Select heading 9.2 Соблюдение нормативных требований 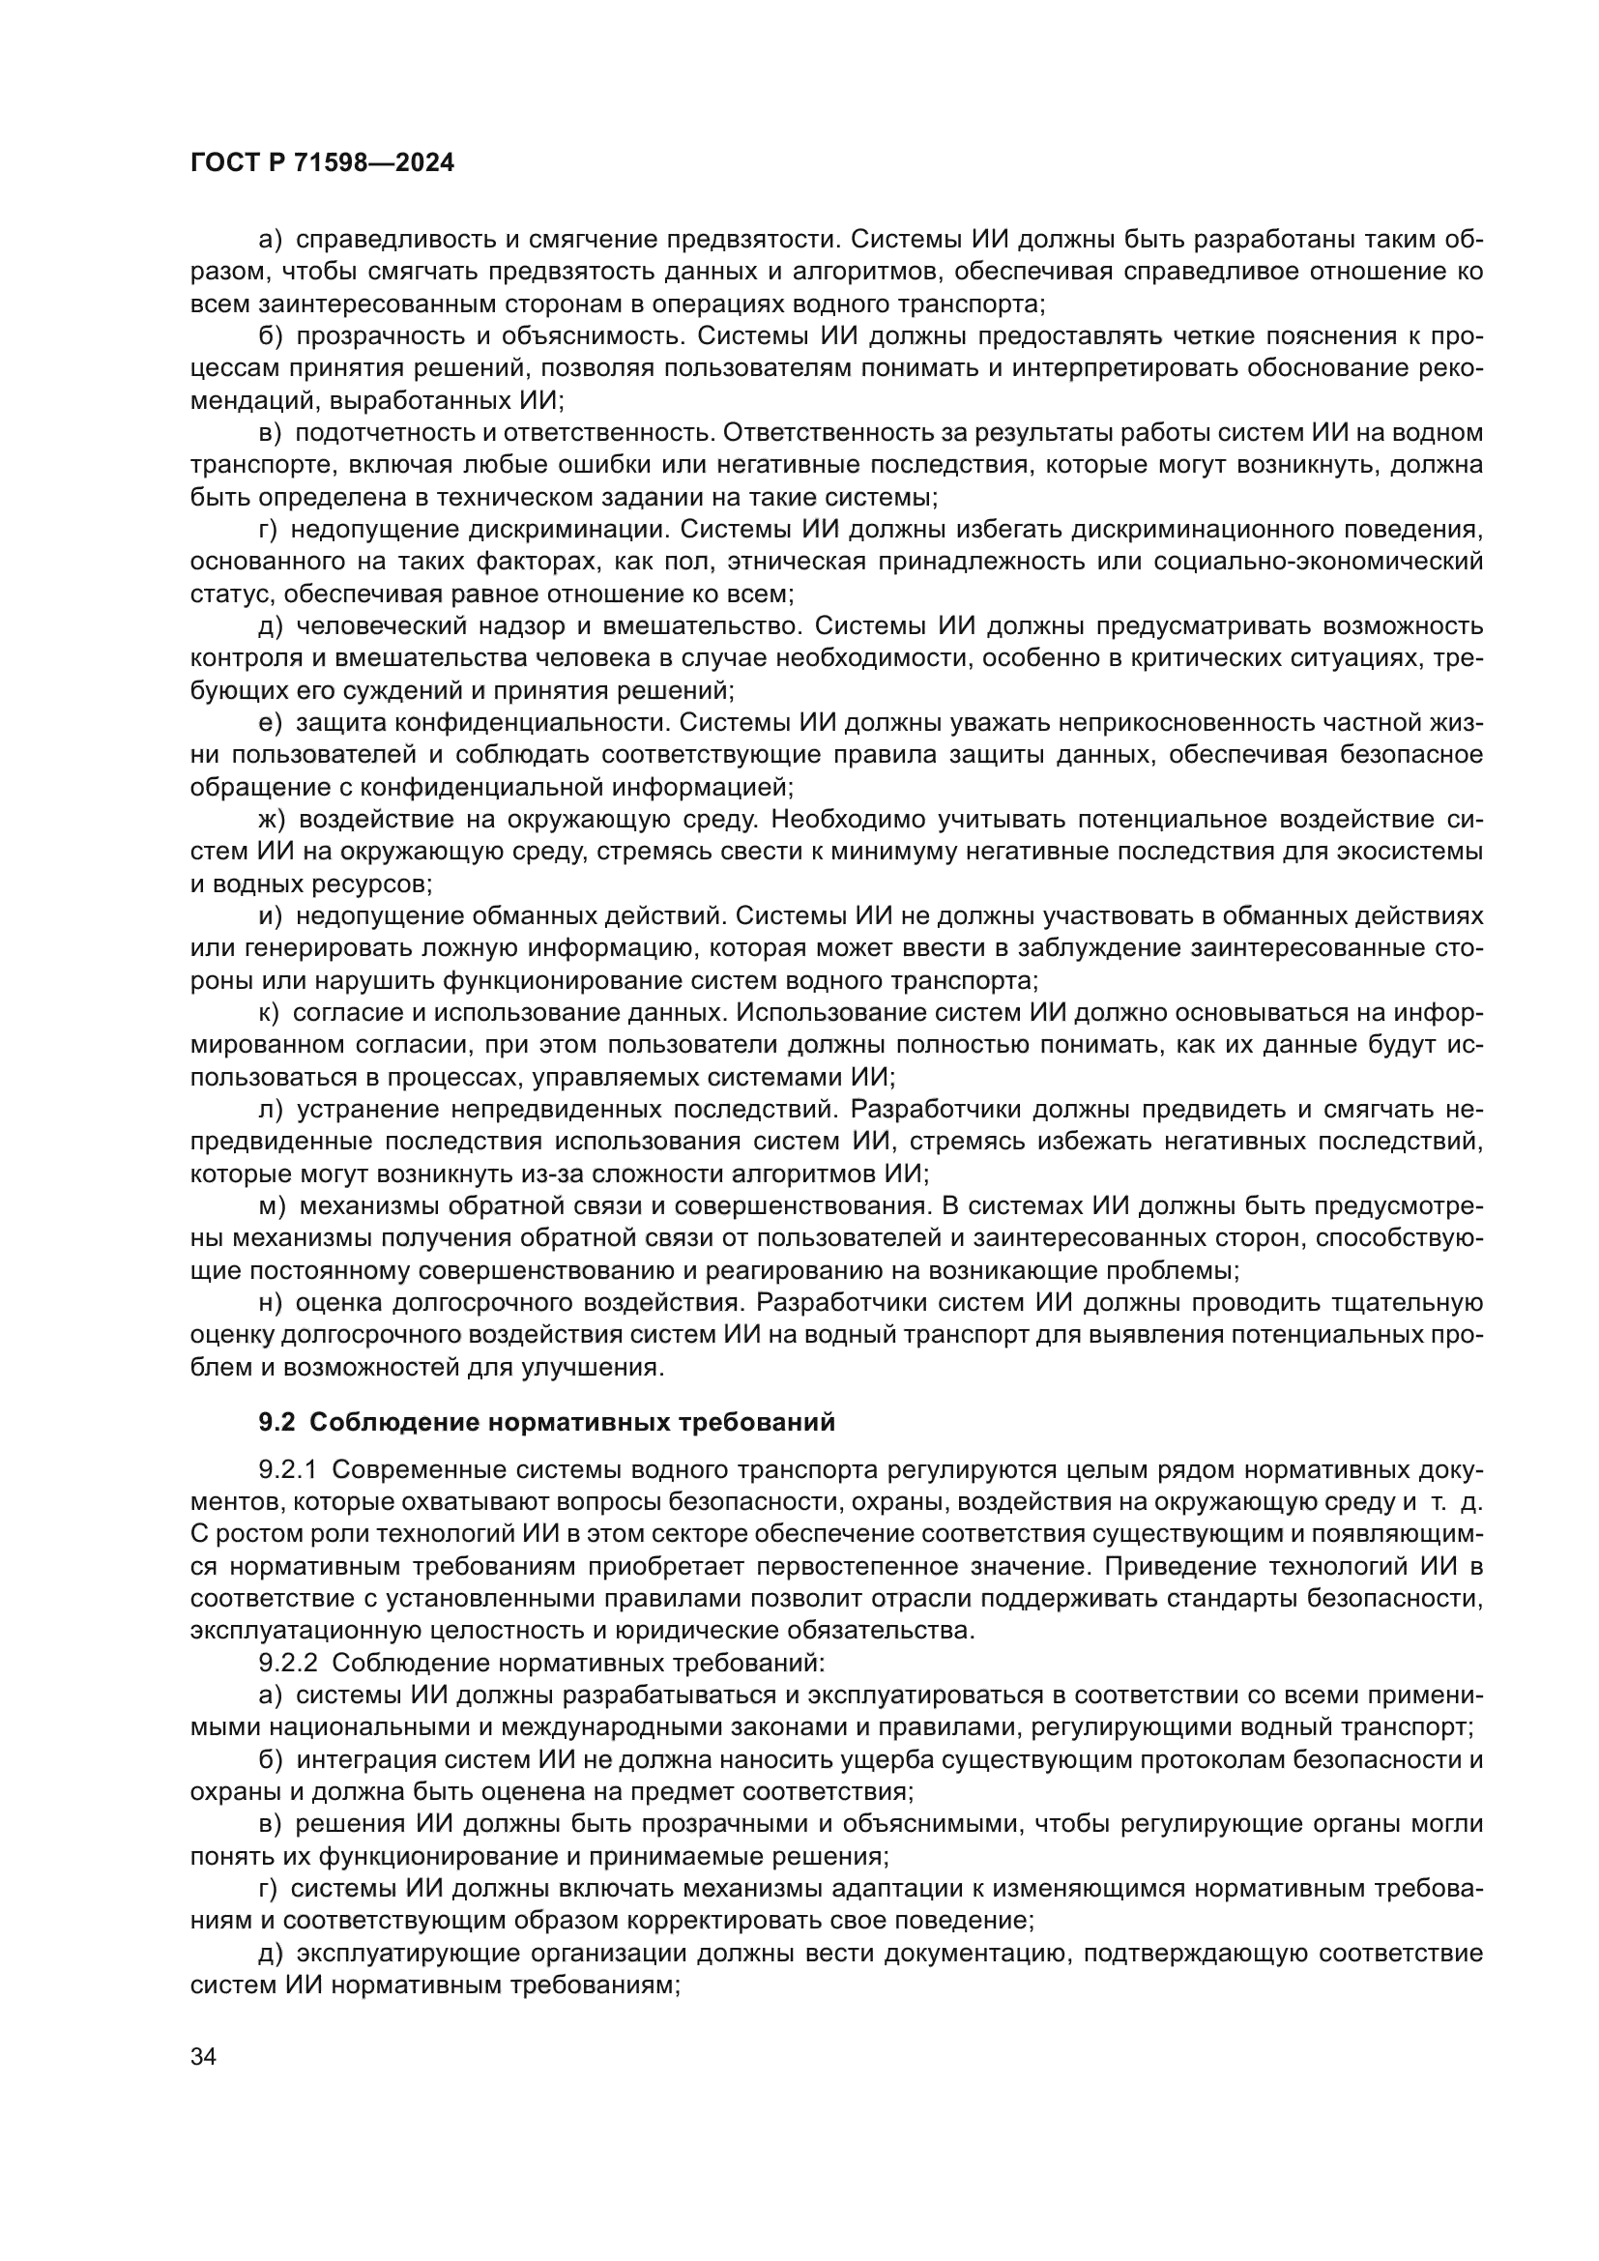point(546,1422)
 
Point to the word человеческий point(380,625)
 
